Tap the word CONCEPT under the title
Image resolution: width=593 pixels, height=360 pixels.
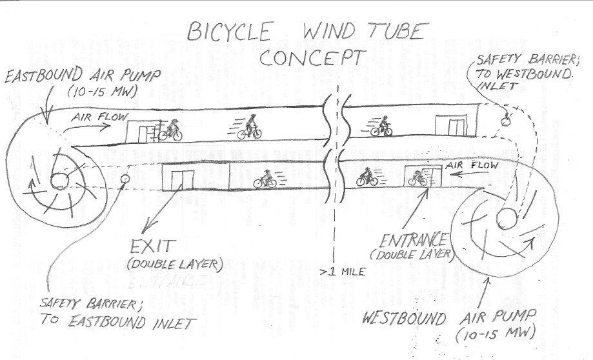[310, 58]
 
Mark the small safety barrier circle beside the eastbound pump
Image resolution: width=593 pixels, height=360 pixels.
[125, 178]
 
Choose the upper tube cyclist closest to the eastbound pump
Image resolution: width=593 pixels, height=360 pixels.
[170, 131]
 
